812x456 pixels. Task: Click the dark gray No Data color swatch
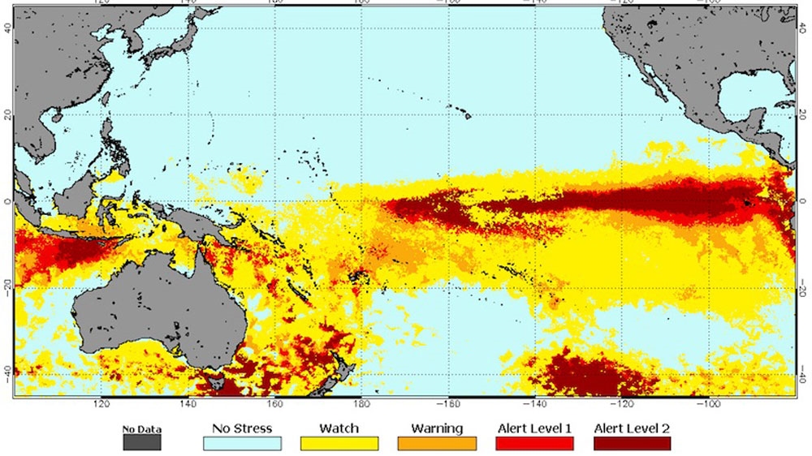pyautogui.click(x=141, y=443)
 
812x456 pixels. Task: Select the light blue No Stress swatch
pyautogui.click(x=241, y=443)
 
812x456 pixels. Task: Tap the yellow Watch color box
pyautogui.click(x=339, y=443)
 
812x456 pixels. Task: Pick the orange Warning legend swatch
pyautogui.click(x=437, y=443)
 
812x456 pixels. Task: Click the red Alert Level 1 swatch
pyautogui.click(x=534, y=443)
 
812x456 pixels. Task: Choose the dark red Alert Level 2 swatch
pyautogui.click(x=633, y=443)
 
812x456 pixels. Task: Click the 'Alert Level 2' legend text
pyautogui.click(x=633, y=428)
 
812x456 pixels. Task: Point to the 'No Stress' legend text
pyautogui.click(x=241, y=428)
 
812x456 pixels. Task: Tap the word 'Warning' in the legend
pyautogui.click(x=437, y=428)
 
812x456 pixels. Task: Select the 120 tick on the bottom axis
pyautogui.click(x=101, y=403)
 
